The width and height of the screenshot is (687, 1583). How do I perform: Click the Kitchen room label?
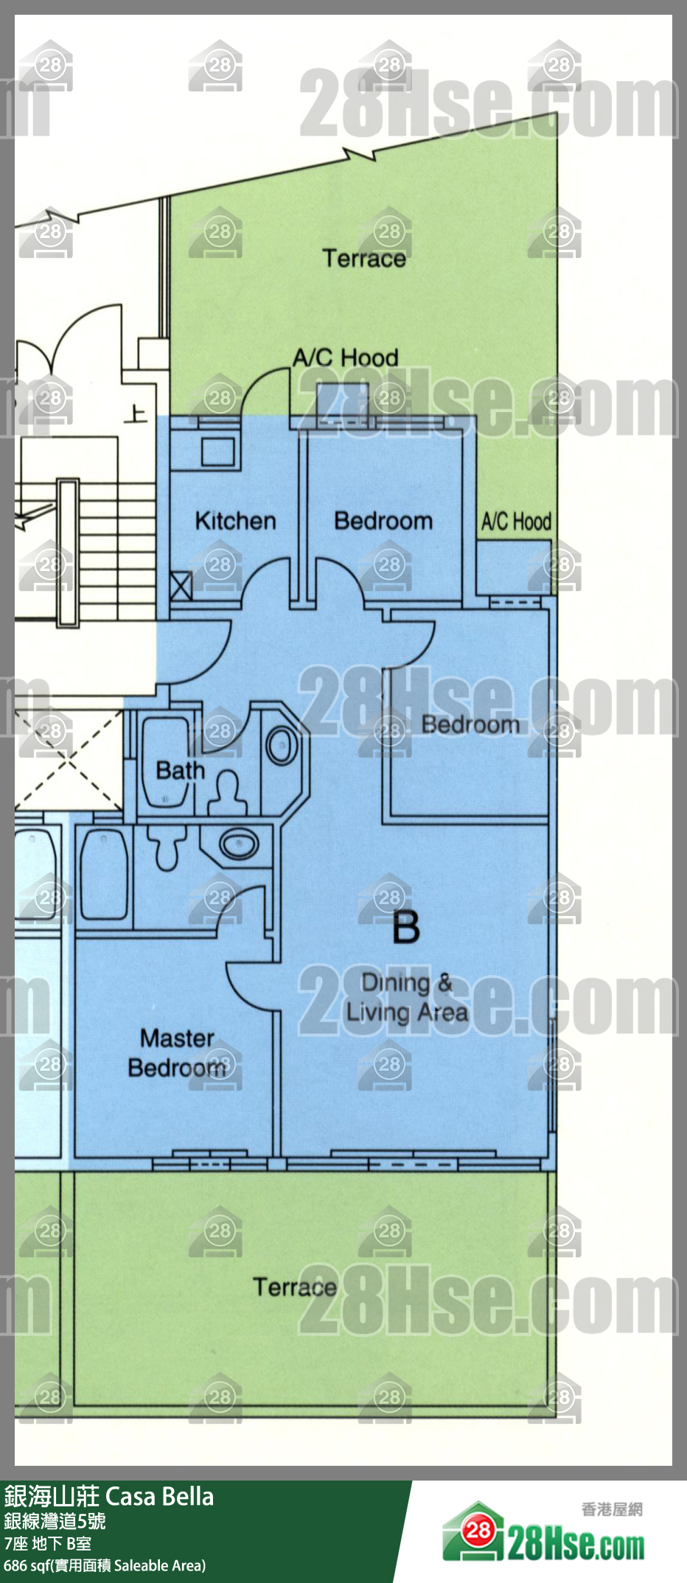point(235,521)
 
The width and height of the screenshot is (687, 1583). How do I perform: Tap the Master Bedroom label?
point(177,1053)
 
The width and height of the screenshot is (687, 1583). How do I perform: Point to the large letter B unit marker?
point(406,927)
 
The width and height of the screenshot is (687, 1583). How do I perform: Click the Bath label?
point(180,771)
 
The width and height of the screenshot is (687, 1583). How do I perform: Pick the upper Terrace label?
point(364,259)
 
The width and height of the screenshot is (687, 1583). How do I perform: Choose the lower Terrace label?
point(295,1287)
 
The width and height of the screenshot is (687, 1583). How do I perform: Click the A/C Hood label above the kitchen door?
point(346,358)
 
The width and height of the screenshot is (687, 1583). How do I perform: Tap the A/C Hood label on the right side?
point(516,522)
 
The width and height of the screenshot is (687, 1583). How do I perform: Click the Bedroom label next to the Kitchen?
point(383,521)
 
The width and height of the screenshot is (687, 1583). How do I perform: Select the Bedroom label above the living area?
point(470,724)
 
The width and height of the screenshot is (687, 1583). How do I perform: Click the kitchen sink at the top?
point(218,451)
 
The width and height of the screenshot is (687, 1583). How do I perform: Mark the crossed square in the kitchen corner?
point(181,587)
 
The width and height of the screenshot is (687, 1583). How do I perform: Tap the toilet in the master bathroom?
point(166,847)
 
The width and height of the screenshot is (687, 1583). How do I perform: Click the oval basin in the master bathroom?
point(239,843)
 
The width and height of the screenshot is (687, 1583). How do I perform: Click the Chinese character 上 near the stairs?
point(135,414)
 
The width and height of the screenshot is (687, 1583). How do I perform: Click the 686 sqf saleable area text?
point(105,1565)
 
